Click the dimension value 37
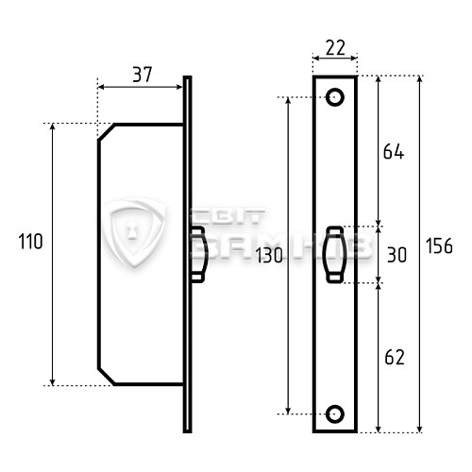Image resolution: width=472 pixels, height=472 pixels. [143, 75]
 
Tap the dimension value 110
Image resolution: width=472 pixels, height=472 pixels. [30, 242]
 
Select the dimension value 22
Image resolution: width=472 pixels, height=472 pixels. [335, 47]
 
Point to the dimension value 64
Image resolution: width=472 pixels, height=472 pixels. [394, 152]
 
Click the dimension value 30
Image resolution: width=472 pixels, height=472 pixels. [396, 255]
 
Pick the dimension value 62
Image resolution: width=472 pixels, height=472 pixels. [395, 357]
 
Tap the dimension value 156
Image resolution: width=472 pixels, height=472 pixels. [439, 245]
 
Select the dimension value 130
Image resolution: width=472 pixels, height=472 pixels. [269, 255]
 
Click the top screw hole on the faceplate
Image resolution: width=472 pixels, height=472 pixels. [335, 97]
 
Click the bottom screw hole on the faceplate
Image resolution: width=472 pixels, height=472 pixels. [335, 414]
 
